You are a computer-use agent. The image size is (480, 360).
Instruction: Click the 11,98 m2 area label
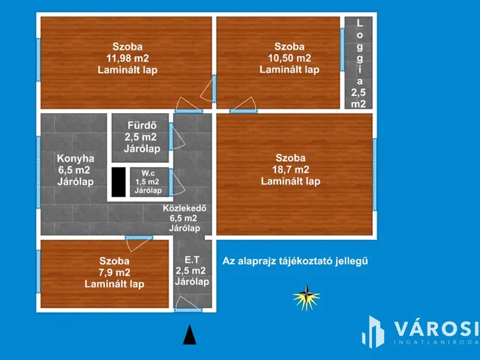127,58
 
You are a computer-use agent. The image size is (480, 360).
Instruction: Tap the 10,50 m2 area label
289,58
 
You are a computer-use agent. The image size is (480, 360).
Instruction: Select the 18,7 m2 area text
290,169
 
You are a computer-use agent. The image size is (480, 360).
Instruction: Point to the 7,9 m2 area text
115,272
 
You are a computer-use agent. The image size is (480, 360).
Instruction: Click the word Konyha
75,158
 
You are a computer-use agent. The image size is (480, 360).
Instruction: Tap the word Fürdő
142,125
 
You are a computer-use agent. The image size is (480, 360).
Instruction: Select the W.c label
148,173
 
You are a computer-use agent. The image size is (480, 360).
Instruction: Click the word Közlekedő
184,208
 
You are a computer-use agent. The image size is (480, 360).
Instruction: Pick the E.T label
192,260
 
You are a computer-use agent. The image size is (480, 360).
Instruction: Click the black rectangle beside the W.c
118,181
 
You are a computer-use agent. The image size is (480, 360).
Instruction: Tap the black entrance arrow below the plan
190,334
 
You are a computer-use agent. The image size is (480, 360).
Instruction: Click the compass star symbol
307,298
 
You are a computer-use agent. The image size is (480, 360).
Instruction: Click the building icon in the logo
373,331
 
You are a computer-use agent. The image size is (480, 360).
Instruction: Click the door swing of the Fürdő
177,136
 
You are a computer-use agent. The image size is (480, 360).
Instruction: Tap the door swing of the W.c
177,182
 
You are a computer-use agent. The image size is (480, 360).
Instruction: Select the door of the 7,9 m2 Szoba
138,244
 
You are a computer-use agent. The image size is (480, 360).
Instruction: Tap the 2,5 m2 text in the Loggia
358,98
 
